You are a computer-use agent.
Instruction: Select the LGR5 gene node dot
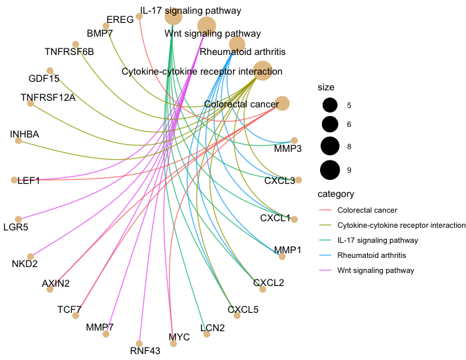(x=18, y=219)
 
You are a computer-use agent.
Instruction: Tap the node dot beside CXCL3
(x=298, y=179)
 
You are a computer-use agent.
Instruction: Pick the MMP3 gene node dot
(x=295, y=140)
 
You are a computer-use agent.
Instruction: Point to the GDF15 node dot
(x=49, y=71)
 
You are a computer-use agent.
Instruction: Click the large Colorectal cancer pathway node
(x=282, y=103)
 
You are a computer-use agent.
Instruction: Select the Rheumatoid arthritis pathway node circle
(x=237, y=45)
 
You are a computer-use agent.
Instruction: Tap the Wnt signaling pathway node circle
(x=207, y=26)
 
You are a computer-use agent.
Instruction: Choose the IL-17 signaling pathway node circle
(x=173, y=16)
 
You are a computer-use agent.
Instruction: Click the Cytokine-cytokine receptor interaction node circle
(x=262, y=70)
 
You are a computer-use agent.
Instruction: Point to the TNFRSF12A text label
(x=48, y=98)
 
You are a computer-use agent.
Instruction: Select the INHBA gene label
(x=25, y=134)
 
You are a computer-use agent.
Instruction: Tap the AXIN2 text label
(x=56, y=283)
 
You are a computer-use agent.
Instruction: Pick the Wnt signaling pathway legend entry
(x=376, y=270)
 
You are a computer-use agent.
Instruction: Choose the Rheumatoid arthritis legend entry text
(x=372, y=255)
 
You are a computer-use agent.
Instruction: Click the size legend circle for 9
(x=330, y=170)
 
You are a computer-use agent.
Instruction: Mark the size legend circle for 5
(x=330, y=105)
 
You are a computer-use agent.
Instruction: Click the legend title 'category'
(x=336, y=194)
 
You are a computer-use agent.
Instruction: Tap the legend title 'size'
(x=325, y=87)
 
